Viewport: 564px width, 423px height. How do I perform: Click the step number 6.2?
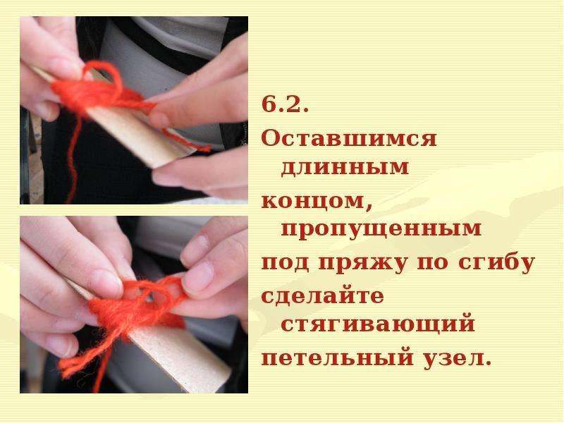pyautogui.click(x=285, y=104)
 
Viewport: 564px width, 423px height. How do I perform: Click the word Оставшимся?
pyautogui.click(x=349, y=138)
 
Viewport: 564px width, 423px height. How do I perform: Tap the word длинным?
pyautogui.click(x=345, y=168)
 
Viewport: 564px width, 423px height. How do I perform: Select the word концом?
pyautogui.click(x=317, y=201)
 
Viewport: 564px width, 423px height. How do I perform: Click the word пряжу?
pyautogui.click(x=363, y=264)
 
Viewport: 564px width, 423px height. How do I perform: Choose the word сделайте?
pyautogui.click(x=323, y=295)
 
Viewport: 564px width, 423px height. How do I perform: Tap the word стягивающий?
pyautogui.click(x=378, y=324)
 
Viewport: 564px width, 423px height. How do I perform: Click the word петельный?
pyautogui.click(x=337, y=357)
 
